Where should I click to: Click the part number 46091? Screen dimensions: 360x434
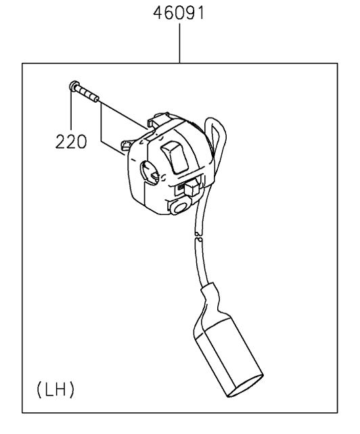pos(179,13)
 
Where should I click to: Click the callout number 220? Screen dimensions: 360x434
pos(71,142)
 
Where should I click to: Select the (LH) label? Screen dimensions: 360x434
pos(55,389)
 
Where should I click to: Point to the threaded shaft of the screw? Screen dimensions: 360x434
pos(87,94)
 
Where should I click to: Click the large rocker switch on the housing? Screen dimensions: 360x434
pos(175,157)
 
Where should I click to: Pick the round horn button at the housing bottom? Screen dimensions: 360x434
pos(179,207)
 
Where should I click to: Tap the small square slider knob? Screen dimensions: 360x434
pos(192,188)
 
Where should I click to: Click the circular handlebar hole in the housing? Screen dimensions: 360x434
pos(149,173)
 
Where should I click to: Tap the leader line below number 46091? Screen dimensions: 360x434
pos(179,43)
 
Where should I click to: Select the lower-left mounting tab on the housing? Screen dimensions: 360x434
pos(127,145)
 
